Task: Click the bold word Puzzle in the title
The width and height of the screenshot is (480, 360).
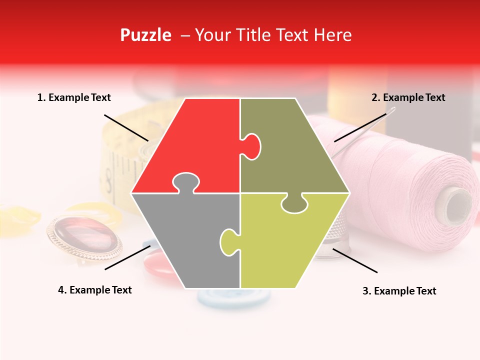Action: [145, 35]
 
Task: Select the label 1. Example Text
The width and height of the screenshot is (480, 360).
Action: [74, 98]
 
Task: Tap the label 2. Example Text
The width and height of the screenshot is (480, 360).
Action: [408, 98]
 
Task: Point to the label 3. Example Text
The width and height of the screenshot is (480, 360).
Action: [399, 291]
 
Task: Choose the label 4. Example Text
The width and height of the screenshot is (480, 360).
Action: [94, 290]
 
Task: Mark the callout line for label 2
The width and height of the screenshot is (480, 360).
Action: [360, 128]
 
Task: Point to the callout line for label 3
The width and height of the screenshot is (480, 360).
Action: [355, 260]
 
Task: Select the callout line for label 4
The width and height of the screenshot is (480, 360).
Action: [127, 257]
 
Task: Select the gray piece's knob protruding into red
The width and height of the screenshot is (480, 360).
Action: [185, 182]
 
